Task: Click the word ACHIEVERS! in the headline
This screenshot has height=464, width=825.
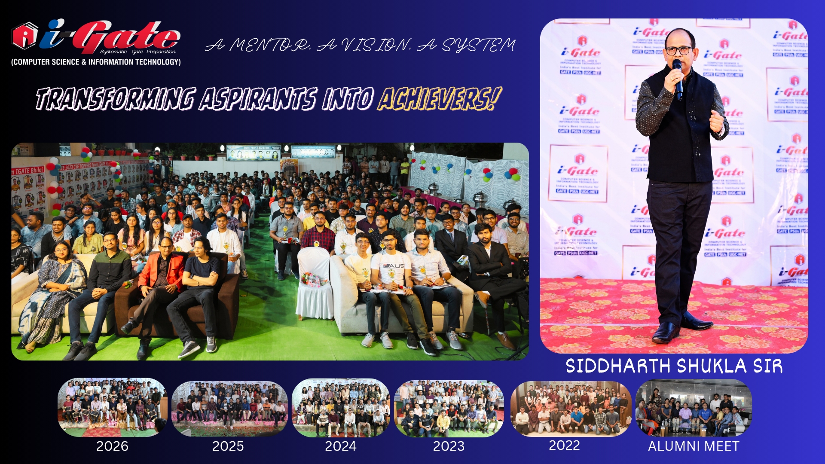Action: pyautogui.click(x=439, y=99)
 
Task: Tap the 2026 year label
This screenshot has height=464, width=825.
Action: pyautogui.click(x=112, y=446)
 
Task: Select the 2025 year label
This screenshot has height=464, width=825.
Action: pyautogui.click(x=228, y=446)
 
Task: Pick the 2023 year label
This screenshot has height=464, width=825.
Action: pyautogui.click(x=449, y=446)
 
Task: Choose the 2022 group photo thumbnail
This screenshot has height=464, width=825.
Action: pyautogui.click(x=571, y=408)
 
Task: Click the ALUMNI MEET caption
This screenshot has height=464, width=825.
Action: pyautogui.click(x=694, y=446)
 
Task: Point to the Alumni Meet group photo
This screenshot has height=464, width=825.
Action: pyautogui.click(x=694, y=408)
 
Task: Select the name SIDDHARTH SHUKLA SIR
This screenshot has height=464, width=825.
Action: pyautogui.click(x=674, y=366)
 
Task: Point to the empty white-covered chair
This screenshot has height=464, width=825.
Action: pyautogui.click(x=315, y=284)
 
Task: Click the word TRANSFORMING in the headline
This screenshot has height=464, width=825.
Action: pyautogui.click(x=116, y=99)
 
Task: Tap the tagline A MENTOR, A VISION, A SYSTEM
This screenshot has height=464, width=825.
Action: pyautogui.click(x=360, y=45)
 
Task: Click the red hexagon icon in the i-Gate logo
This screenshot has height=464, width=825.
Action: pyautogui.click(x=25, y=36)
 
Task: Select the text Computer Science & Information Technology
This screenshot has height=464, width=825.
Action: pyautogui.click(x=96, y=62)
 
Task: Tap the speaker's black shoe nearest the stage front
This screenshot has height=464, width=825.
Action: pyautogui.click(x=666, y=332)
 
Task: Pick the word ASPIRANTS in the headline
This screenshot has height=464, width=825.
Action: pyautogui.click(x=258, y=99)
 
